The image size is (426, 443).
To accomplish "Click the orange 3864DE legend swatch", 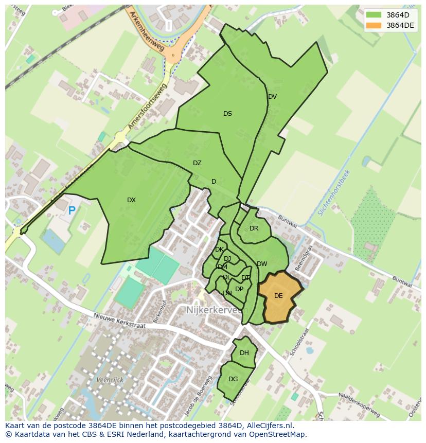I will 375,25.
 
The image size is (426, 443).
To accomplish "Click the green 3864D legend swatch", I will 375,15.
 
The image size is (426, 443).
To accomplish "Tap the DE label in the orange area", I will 278,296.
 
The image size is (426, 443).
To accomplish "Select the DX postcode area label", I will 131,200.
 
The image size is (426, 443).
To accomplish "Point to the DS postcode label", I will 227,114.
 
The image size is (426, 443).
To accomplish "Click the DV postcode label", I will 272,97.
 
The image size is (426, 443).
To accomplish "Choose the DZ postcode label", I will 197,163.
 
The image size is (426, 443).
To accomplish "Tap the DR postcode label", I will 254,228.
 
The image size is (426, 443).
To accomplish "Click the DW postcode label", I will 262,264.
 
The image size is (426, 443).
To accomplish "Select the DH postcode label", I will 244,353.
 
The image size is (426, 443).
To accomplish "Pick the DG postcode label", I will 233,379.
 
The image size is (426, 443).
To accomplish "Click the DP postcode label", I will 239,289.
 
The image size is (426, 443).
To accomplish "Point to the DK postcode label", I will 219,250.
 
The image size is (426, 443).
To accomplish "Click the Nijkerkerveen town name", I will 217,310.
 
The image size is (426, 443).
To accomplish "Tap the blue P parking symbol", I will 72,210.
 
